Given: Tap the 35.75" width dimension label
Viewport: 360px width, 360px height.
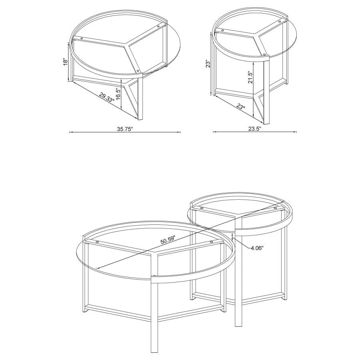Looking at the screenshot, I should point(125,129).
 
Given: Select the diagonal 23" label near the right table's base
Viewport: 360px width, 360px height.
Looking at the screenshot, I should point(240,107).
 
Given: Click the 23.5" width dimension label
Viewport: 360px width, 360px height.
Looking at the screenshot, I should point(254,129).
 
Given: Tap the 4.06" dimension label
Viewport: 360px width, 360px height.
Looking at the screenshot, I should point(257,248).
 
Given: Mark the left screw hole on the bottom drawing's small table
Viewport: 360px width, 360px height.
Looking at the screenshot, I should point(201,208).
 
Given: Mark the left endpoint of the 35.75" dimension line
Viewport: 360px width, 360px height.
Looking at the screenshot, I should point(70,132).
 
